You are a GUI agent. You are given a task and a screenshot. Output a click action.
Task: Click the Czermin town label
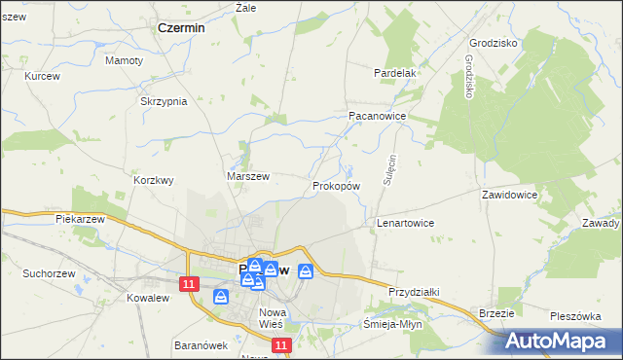click(x=181, y=29)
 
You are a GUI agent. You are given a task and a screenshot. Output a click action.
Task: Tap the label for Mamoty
click(x=124, y=60)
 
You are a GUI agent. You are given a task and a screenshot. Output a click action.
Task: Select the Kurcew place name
click(x=42, y=76)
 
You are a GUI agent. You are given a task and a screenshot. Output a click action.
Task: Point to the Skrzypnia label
click(x=164, y=102)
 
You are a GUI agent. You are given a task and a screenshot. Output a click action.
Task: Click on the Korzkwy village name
click(x=153, y=180)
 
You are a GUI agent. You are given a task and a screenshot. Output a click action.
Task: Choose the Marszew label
click(x=247, y=176)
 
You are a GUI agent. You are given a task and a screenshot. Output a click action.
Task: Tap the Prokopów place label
click(x=337, y=185)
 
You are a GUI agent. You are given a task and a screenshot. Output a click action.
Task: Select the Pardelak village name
click(x=396, y=73)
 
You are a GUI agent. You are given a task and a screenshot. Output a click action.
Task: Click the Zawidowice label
click(x=509, y=195)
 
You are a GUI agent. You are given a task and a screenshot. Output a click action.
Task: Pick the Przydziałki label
click(x=416, y=292)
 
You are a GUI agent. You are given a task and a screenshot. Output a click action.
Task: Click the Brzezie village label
click(x=496, y=312)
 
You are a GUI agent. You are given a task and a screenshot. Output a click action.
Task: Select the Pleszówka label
click(x=576, y=316)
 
